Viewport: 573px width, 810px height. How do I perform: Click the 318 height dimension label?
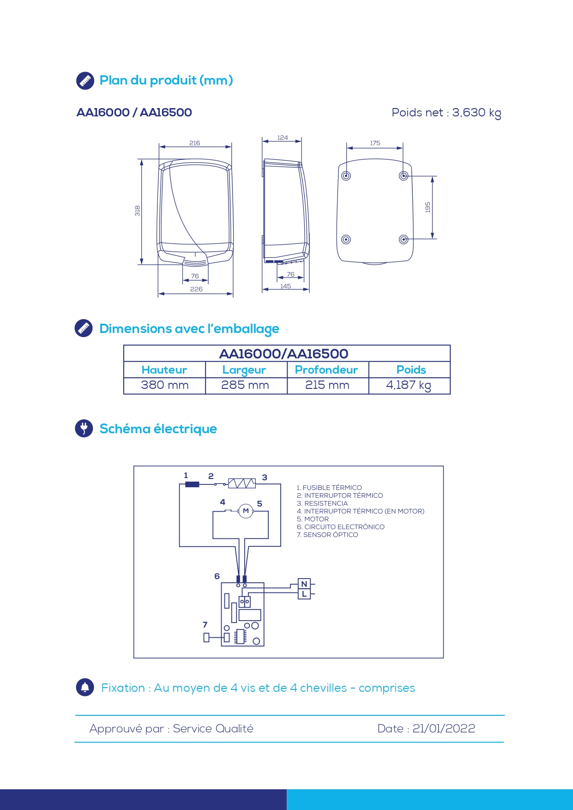tap(137, 211)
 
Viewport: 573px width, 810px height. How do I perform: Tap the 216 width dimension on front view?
tap(195, 143)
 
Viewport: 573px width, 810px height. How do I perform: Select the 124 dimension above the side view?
tap(283, 138)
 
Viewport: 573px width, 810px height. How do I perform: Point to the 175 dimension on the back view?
tap(375, 143)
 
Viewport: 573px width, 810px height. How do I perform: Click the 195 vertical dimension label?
tap(428, 207)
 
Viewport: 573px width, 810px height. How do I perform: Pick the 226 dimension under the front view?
tap(196, 289)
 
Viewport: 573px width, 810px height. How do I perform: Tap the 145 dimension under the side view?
tap(286, 286)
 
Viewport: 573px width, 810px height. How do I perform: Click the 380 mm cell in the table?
tap(165, 385)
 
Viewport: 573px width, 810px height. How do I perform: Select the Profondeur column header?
tap(326, 370)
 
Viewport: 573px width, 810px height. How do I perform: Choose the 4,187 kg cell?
tap(409, 385)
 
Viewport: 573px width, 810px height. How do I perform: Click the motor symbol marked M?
tap(246, 511)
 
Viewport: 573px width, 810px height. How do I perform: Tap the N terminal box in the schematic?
tap(304, 584)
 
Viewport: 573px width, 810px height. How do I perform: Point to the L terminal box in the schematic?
tap(304, 594)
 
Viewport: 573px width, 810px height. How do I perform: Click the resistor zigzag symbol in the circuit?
tap(242, 483)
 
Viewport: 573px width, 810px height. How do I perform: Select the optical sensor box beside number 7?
tap(206, 638)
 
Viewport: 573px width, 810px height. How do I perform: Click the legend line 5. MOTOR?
tap(313, 519)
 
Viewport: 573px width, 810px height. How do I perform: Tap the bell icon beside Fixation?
tap(85, 687)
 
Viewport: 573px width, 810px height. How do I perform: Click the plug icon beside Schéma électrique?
tap(84, 428)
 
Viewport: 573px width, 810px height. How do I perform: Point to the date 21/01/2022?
tap(444, 728)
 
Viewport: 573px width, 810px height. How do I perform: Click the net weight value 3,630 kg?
tap(476, 113)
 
